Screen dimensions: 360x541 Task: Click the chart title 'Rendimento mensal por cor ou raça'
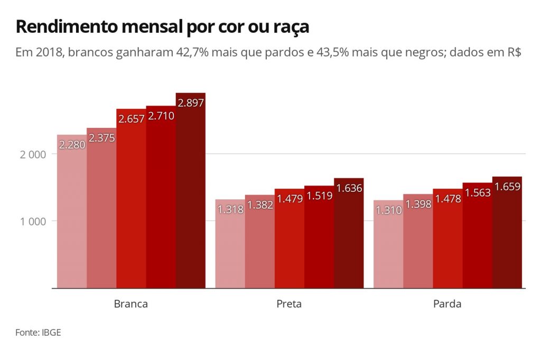point(162,27)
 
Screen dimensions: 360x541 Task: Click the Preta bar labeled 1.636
point(349,238)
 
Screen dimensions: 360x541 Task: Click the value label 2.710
point(161,116)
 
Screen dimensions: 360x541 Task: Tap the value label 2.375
point(101,138)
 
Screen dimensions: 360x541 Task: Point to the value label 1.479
point(290,199)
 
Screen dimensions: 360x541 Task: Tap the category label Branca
point(131,304)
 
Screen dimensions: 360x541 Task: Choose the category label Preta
point(289,304)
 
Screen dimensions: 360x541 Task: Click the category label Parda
point(447,304)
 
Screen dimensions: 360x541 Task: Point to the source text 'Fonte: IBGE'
point(34,333)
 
